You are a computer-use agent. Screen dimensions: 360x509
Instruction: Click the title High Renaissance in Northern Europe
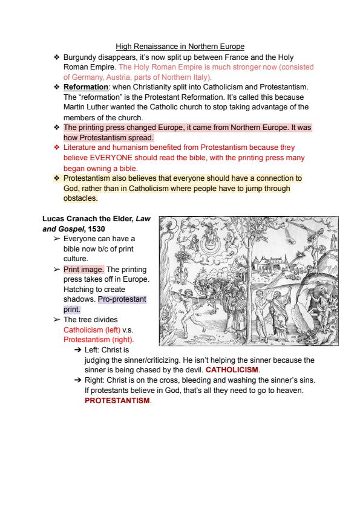tap(180, 47)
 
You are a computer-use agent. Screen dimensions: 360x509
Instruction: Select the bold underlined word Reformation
tap(86, 87)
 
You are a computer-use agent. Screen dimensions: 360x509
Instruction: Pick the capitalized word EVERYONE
tap(111, 158)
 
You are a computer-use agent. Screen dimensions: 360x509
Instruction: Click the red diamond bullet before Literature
tap(57, 148)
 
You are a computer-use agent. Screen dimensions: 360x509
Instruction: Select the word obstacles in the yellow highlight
tap(80, 198)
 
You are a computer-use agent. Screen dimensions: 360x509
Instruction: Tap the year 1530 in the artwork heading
tap(96, 229)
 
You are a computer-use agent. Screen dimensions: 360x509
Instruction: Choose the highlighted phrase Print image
tap(83, 270)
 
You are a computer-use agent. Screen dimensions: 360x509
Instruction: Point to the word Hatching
tap(78, 290)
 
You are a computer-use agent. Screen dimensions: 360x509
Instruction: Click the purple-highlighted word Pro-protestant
tap(122, 299)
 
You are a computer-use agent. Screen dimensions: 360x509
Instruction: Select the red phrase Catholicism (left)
tap(92, 330)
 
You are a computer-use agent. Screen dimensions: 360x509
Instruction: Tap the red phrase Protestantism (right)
tap(98, 340)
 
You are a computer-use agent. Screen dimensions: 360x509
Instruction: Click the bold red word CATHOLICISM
tap(232, 370)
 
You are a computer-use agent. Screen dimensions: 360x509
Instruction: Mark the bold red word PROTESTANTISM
tap(117, 400)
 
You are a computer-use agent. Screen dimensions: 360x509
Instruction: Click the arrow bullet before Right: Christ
tap(77, 380)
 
